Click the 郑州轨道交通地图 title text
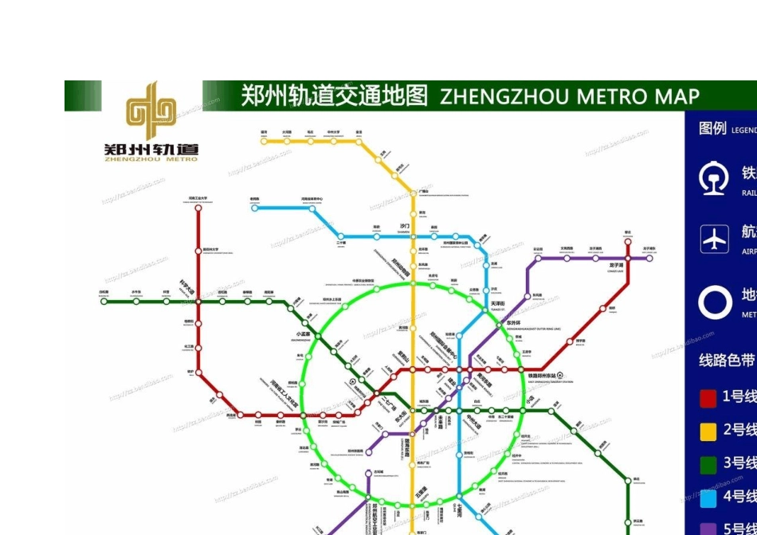[335, 96]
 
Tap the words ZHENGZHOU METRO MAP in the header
[570, 96]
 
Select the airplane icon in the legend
[715, 238]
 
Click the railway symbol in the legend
[714, 178]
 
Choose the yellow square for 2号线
[708, 431]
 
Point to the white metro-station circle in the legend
[715, 303]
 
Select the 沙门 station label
[405, 226]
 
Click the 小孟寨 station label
[303, 334]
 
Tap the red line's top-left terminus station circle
[198, 207]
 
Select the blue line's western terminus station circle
[255, 208]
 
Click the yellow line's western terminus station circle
[264, 141]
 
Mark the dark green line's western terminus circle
[104, 302]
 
